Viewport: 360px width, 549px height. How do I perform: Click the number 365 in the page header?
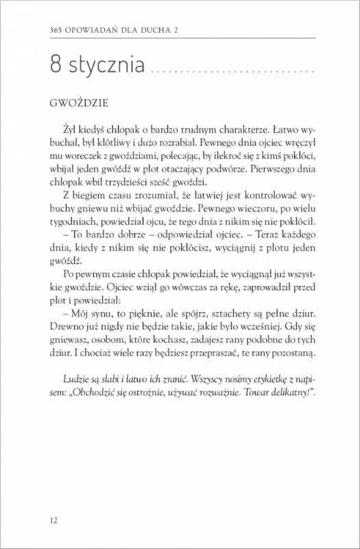point(48,30)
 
